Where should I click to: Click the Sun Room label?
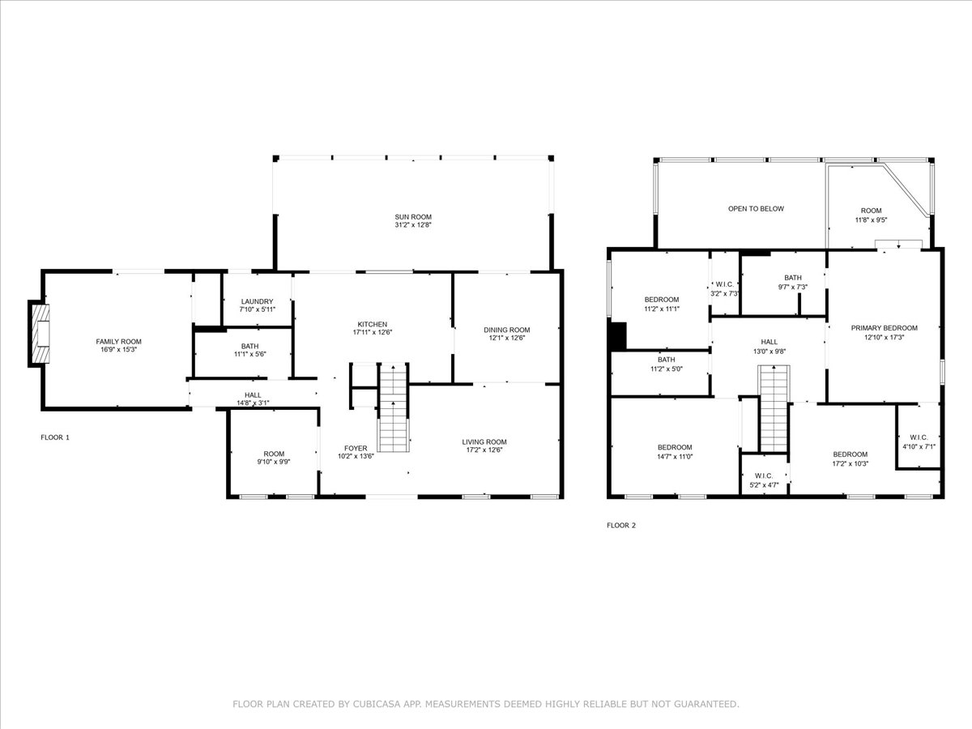pyautogui.click(x=413, y=217)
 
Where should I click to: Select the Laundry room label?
pyautogui.click(x=257, y=301)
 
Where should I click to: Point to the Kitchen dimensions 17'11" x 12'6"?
pyautogui.click(x=373, y=332)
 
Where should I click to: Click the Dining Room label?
pyautogui.click(x=506, y=330)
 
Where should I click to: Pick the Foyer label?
pyautogui.click(x=356, y=449)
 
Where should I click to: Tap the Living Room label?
pyautogui.click(x=484, y=441)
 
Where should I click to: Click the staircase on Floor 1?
pyautogui.click(x=393, y=407)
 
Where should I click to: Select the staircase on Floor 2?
pyautogui.click(x=774, y=408)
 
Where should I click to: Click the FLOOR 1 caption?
pyautogui.click(x=55, y=437)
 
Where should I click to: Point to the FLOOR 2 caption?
pyautogui.click(x=620, y=526)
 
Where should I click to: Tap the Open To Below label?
pyautogui.click(x=756, y=208)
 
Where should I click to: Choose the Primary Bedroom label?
pyautogui.click(x=884, y=328)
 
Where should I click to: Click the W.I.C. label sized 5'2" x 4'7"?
pyautogui.click(x=764, y=475)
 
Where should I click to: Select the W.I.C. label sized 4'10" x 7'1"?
pyautogui.click(x=919, y=437)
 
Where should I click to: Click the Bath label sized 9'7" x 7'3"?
pyautogui.click(x=793, y=278)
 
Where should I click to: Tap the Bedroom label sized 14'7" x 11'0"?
pyautogui.click(x=675, y=447)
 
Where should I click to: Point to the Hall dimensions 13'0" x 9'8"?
pyautogui.click(x=769, y=352)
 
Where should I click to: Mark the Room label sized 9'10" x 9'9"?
pyautogui.click(x=274, y=454)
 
